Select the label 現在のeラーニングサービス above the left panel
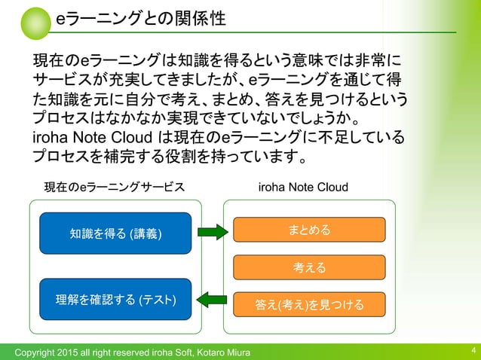(114, 187)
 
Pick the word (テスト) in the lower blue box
(158, 300)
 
